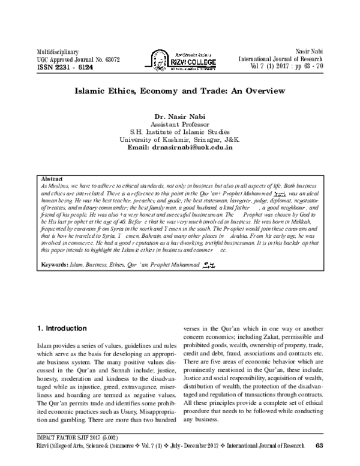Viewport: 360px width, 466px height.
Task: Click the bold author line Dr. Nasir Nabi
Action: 179,116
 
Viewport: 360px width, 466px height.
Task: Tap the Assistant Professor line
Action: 179,124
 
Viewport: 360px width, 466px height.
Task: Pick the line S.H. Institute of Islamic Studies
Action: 179,132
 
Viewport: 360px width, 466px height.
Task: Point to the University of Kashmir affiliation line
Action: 179,139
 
